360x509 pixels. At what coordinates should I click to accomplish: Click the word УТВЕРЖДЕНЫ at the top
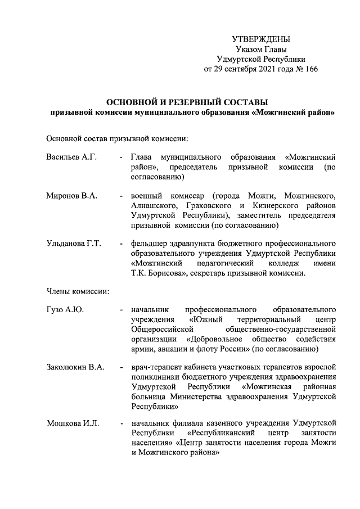(261, 39)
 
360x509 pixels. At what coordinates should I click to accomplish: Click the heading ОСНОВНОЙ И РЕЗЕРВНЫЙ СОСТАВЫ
(188, 102)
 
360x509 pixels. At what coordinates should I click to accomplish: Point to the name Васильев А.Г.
(71, 157)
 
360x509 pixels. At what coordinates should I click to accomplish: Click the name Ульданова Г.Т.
(74, 244)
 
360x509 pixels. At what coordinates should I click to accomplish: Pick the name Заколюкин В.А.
(75, 367)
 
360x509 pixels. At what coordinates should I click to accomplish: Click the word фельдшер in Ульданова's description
(148, 244)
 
